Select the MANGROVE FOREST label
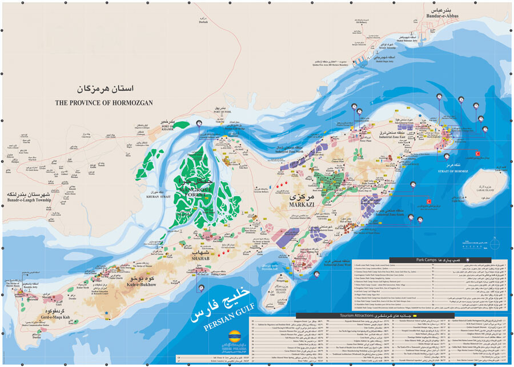[204, 190]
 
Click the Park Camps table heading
[428, 258]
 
